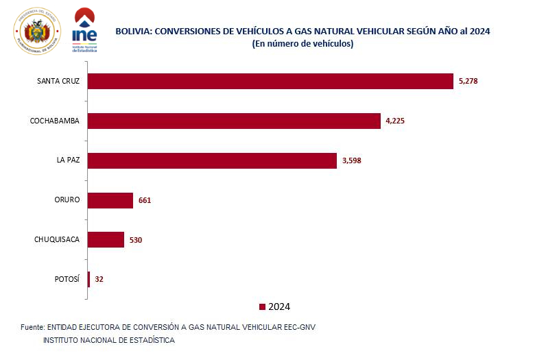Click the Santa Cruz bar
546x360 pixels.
(x=271, y=81)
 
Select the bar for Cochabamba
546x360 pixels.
(x=235, y=121)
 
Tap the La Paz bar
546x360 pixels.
(x=213, y=160)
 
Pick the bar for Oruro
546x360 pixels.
(x=110, y=200)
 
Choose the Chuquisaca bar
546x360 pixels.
(x=106, y=239)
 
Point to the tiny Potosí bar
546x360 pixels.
(x=89, y=279)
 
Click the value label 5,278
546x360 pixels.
(x=467, y=81)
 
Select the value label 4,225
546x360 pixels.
(x=396, y=121)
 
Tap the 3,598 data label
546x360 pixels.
(x=353, y=160)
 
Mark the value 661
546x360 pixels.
(x=144, y=200)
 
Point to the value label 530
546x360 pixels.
(x=135, y=240)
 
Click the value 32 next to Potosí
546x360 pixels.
(x=99, y=279)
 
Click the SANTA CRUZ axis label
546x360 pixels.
(x=58, y=81)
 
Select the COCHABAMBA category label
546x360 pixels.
(x=55, y=121)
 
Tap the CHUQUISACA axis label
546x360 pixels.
(x=57, y=239)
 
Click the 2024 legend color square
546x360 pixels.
(x=262, y=307)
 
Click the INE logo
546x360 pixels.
(x=84, y=32)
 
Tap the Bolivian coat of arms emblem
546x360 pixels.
(x=37, y=31)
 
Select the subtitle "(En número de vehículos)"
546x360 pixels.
(x=302, y=43)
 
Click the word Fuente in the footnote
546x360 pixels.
(x=33, y=326)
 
